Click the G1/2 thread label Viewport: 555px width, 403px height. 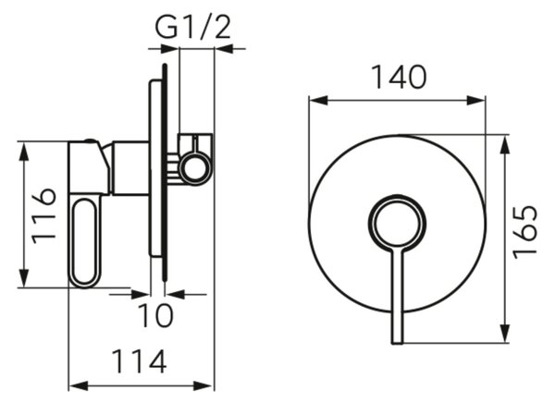[x=193, y=27]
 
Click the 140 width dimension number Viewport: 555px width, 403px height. [x=400, y=77]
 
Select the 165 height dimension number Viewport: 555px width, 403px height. [x=524, y=233]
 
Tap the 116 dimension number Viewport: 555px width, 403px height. [x=43, y=216]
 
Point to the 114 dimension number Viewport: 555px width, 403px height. [x=139, y=361]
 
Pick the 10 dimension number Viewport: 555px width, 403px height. [x=155, y=315]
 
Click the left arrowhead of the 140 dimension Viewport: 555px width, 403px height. [x=318, y=101]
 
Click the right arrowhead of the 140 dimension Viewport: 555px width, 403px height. [x=475, y=101]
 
